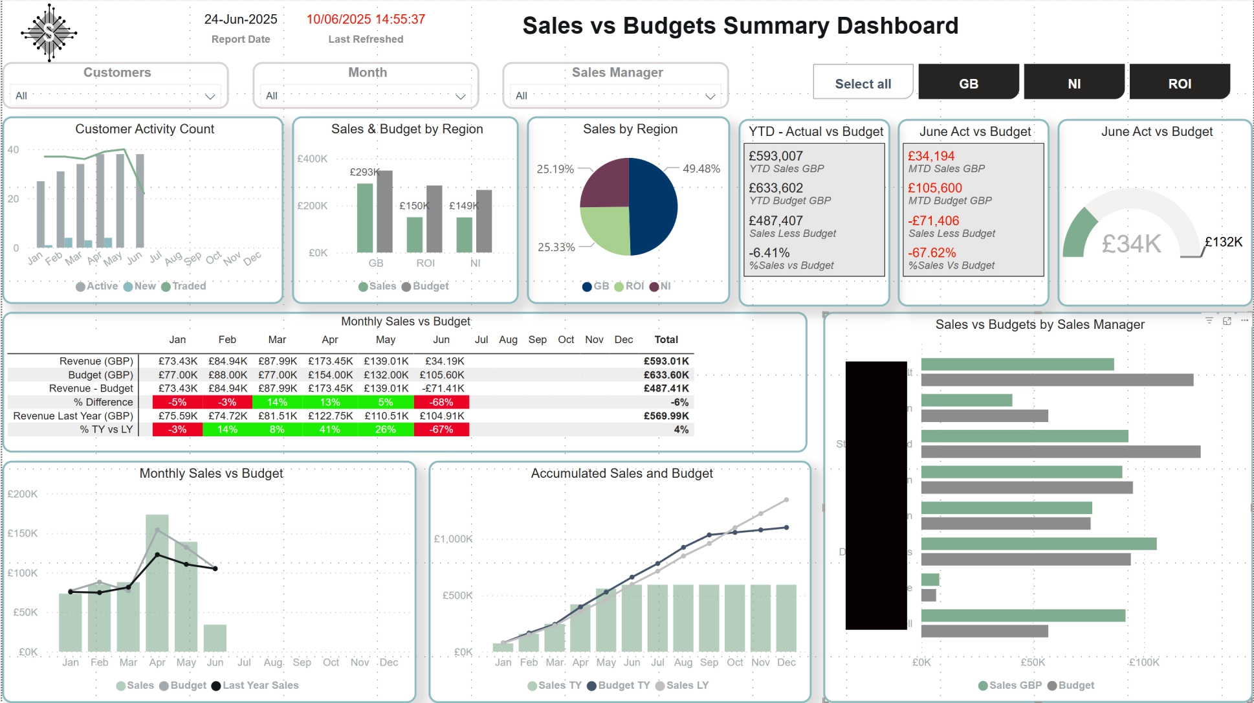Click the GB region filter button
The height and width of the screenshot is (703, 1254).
pyautogui.click(x=968, y=83)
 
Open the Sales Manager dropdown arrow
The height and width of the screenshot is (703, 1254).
pyautogui.click(x=710, y=96)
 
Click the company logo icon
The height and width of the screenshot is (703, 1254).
pyautogui.click(x=49, y=33)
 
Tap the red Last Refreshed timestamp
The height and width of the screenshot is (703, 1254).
pyautogui.click(x=366, y=19)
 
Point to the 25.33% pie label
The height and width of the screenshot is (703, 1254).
pyautogui.click(x=556, y=247)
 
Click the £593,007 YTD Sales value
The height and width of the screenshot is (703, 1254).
pyautogui.click(x=775, y=156)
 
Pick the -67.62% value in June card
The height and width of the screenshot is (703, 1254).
pyautogui.click(x=931, y=252)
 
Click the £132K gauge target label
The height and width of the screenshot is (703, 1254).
pyautogui.click(x=1223, y=242)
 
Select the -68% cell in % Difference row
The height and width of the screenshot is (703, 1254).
pyautogui.click(x=442, y=402)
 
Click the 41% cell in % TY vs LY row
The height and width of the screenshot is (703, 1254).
pyautogui.click(x=329, y=429)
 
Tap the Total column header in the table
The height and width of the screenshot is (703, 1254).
pyautogui.click(x=666, y=339)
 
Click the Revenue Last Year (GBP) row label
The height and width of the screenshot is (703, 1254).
pyautogui.click(x=73, y=416)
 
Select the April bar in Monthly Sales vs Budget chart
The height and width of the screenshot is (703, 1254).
pyautogui.click(x=157, y=583)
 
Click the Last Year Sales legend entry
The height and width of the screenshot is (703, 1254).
pyautogui.click(x=260, y=685)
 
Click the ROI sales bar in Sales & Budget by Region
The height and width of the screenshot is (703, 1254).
pyautogui.click(x=414, y=234)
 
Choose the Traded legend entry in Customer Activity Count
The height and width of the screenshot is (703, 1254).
pyautogui.click(x=188, y=286)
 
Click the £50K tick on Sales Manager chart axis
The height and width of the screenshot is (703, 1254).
pyautogui.click(x=1032, y=662)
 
